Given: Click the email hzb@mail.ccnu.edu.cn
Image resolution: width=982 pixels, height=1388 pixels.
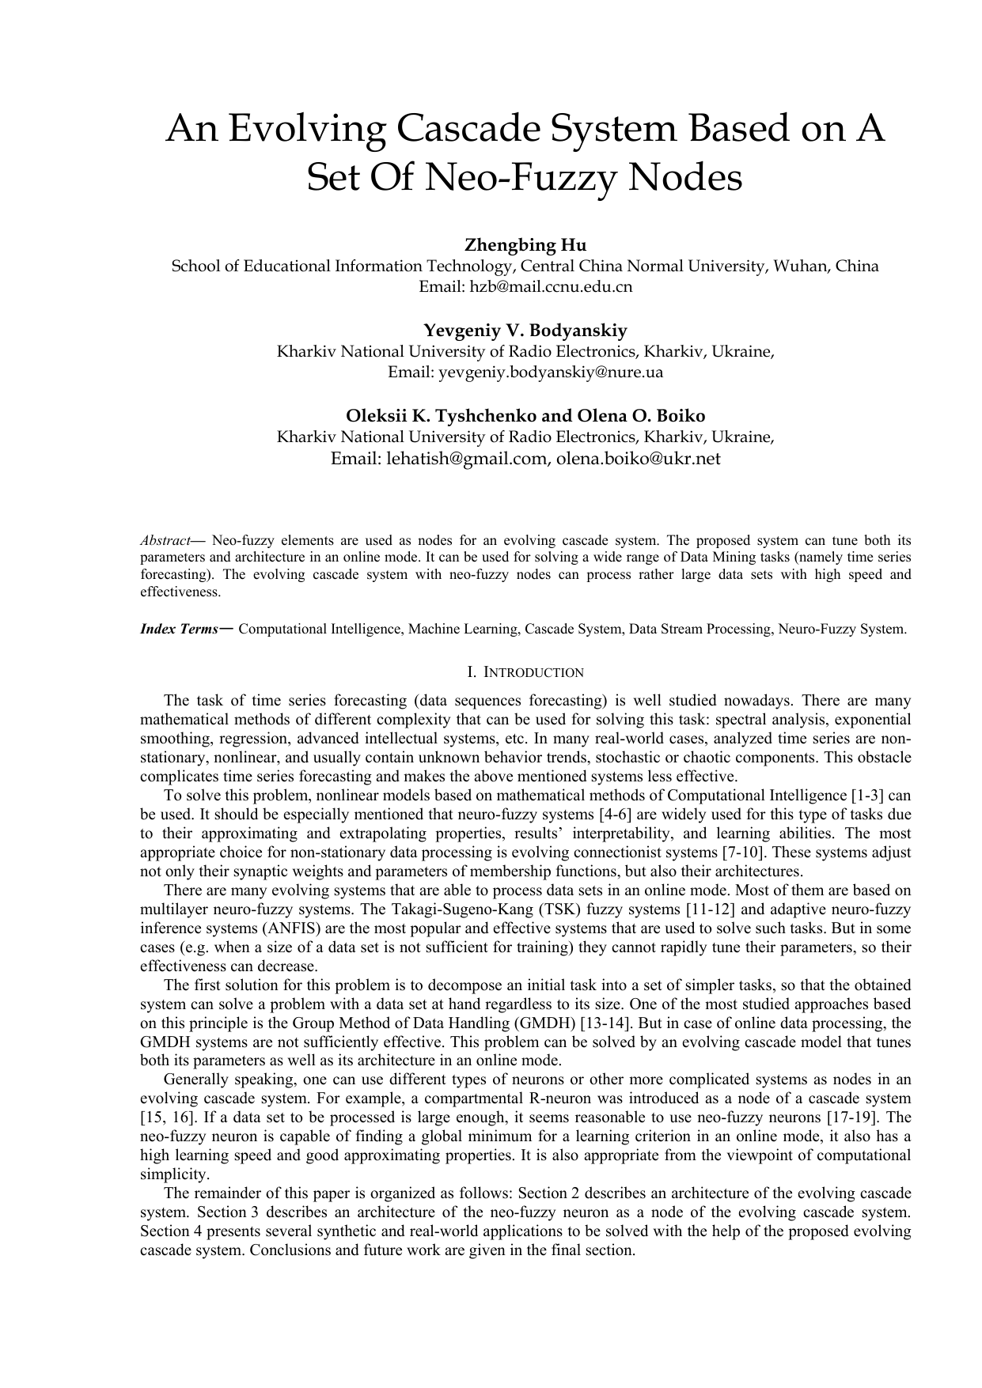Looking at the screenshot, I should pyautogui.click(x=525, y=286).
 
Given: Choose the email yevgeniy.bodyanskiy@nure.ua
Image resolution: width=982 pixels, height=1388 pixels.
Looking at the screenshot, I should pyautogui.click(x=525, y=372).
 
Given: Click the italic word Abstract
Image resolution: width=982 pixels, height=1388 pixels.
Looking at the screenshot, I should pyautogui.click(x=165, y=541).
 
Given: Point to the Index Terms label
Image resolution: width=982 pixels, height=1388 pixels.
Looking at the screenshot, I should pyautogui.click(x=179, y=630).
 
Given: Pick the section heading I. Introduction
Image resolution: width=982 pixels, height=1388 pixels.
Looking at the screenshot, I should pyautogui.click(x=525, y=672).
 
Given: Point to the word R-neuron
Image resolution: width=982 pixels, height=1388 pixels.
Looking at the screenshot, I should pyautogui.click(x=556, y=1099).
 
